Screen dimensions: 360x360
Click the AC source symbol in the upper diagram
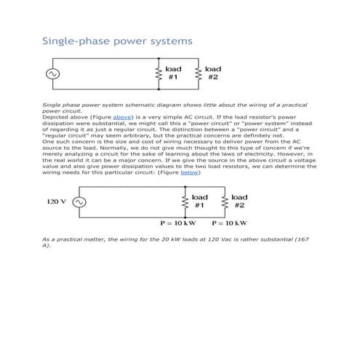tap(52, 73)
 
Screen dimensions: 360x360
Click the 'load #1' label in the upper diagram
tap(174, 73)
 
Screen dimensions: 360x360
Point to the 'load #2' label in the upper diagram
tap(213, 73)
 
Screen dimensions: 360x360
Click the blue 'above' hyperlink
tap(122, 116)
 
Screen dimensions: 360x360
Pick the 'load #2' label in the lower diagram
tap(239, 201)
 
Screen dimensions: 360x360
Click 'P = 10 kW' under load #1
tap(178, 223)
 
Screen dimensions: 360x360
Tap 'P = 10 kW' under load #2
tap(231, 223)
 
